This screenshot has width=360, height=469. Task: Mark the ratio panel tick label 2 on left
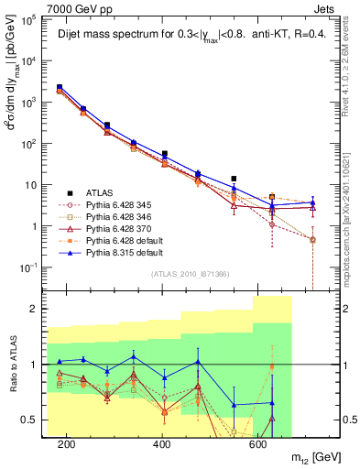tap(38, 309)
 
